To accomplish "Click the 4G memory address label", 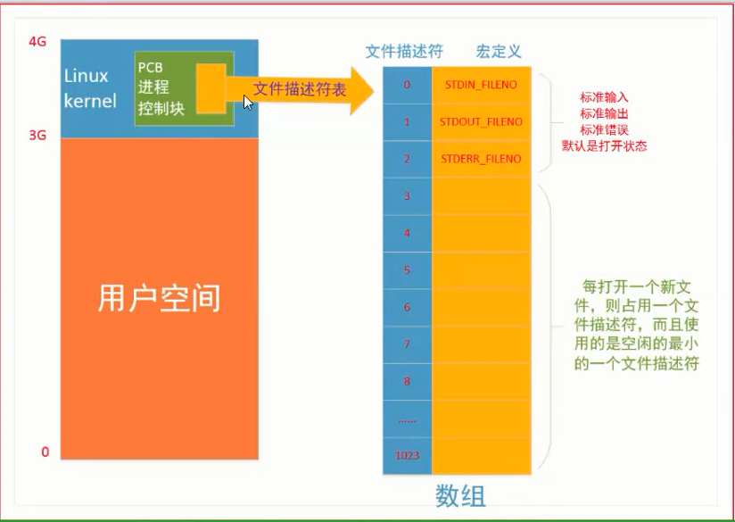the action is [37, 41].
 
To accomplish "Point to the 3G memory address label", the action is [37, 136].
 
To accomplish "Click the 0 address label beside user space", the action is [45, 452].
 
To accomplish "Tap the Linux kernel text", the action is [90, 88].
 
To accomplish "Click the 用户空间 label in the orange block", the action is [159, 300].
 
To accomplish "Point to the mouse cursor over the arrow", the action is [248, 102].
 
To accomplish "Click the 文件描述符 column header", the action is [404, 51].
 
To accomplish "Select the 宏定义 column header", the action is [499, 51].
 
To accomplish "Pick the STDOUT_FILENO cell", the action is [481, 121].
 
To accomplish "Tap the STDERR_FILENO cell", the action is [481, 159].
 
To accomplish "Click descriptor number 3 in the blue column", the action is [407, 195].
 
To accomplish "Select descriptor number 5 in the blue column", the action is [407, 269].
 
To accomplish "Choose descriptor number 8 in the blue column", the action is [407, 381].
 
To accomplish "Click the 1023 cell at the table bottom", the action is [407, 456].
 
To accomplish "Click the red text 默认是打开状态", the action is [604, 146].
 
